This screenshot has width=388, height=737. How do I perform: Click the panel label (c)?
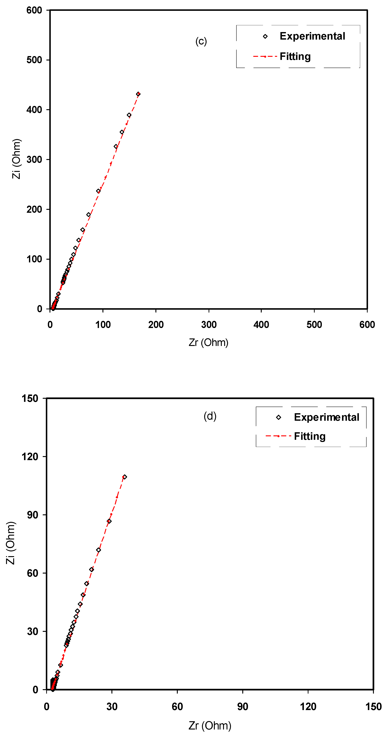pyautogui.click(x=201, y=41)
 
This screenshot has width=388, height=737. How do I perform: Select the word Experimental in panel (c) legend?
pyautogui.click(x=312, y=36)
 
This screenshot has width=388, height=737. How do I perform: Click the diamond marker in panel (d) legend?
pyautogui.click(x=278, y=417)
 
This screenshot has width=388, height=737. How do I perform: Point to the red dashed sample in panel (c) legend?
pyautogui.click(x=265, y=57)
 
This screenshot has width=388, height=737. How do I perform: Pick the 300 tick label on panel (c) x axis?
pyautogui.click(x=209, y=325)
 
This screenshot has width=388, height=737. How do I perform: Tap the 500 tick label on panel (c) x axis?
pyautogui.click(x=314, y=325)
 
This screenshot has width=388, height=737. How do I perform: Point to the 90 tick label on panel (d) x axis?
pyautogui.click(x=242, y=706)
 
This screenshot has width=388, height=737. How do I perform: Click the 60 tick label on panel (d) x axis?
pyautogui.click(x=177, y=706)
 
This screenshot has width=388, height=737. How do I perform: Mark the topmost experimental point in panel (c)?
pyautogui.click(x=138, y=94)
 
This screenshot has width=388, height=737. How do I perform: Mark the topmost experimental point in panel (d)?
pyautogui.click(x=124, y=477)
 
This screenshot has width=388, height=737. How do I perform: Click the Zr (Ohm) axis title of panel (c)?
pyautogui.click(x=208, y=342)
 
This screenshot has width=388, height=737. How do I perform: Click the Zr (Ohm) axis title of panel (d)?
pyautogui.click(x=210, y=726)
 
